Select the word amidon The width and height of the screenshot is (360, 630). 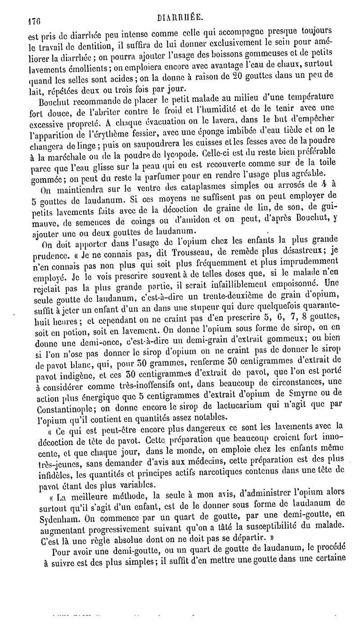(x=198, y=219)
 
